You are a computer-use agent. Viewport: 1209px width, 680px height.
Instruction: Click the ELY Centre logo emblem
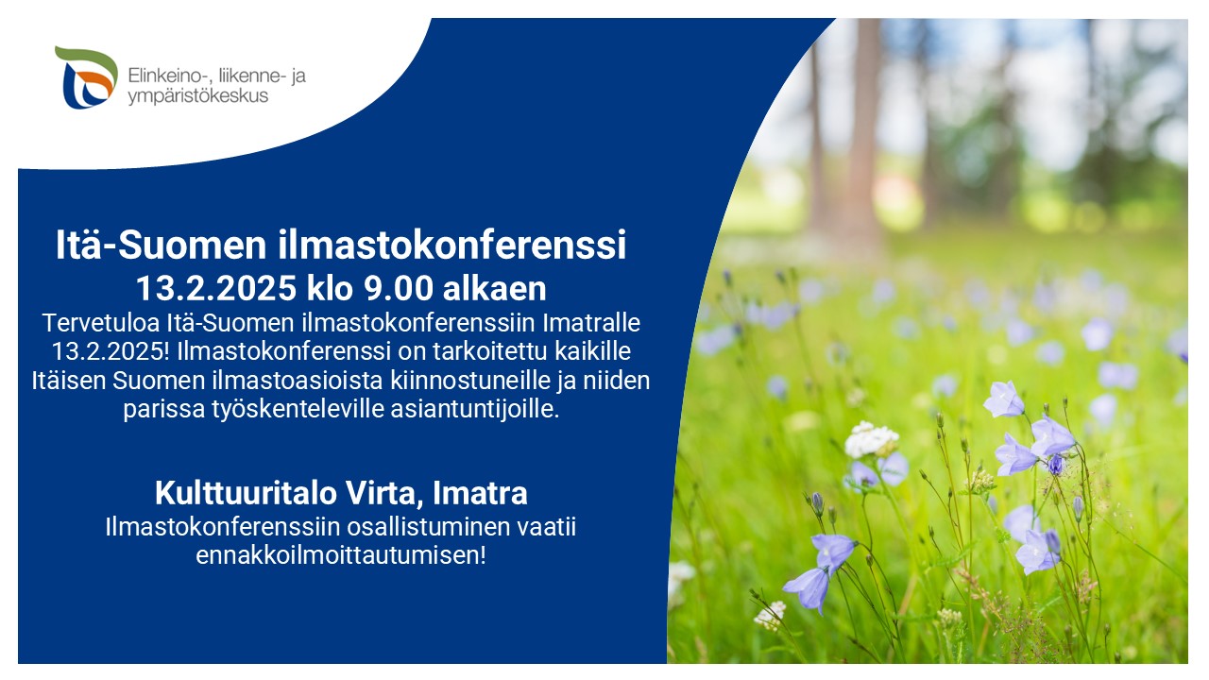[x=86, y=77]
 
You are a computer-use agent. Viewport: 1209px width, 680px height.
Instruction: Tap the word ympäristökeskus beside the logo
[x=198, y=96]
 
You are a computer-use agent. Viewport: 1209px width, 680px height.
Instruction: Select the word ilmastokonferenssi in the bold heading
[x=452, y=245]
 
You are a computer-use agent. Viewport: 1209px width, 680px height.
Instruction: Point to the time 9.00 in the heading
[x=399, y=288]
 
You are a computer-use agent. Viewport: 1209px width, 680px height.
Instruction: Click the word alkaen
[x=494, y=288]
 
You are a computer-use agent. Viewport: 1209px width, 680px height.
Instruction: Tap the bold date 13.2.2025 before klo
[x=216, y=288]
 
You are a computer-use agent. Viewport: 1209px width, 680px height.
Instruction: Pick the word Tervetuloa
[x=100, y=323]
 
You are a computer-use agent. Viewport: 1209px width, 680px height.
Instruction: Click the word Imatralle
[x=591, y=323]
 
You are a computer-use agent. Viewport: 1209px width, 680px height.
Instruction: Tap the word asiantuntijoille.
[x=475, y=409]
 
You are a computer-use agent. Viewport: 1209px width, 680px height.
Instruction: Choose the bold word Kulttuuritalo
[x=246, y=493]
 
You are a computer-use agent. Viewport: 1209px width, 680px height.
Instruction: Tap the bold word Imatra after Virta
[x=481, y=493]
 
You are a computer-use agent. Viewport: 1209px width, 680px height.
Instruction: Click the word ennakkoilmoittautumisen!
[x=341, y=556]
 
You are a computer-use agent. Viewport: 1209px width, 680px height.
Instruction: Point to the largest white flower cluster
[x=871, y=439]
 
